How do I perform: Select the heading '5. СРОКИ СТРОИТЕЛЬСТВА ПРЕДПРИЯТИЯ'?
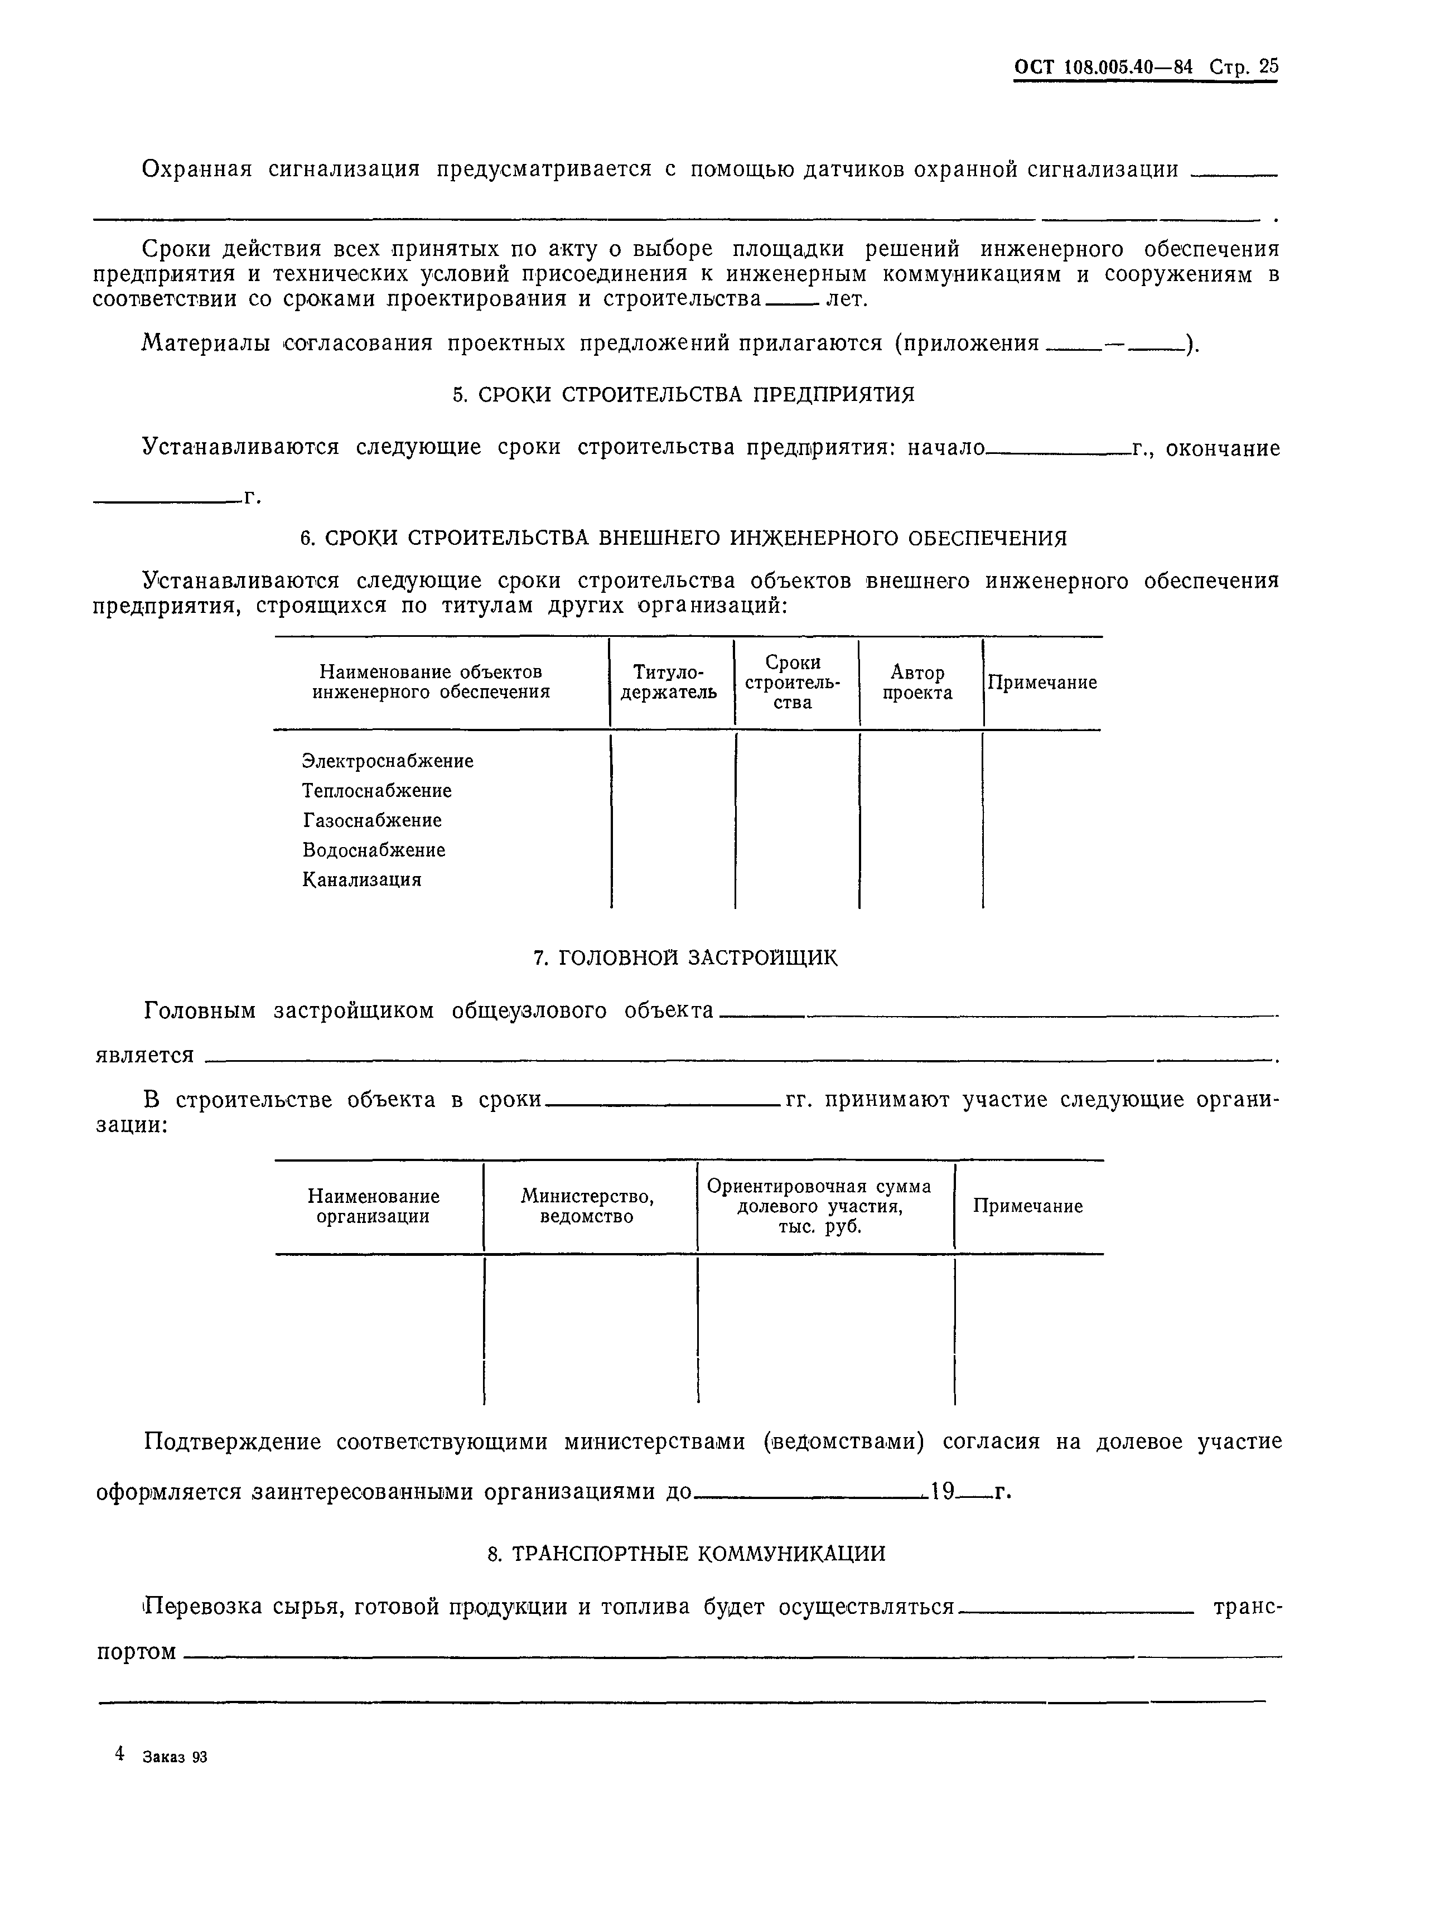[x=683, y=395]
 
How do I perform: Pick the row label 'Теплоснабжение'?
[x=376, y=790]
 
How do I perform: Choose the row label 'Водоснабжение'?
[x=374, y=850]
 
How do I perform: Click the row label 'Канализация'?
[x=362, y=880]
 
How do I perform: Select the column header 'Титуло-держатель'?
[x=669, y=682]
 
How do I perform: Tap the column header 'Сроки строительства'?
[x=792, y=682]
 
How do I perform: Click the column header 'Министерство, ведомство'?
[x=587, y=1206]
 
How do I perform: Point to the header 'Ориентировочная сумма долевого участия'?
[x=819, y=1206]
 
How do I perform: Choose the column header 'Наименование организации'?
[x=373, y=1206]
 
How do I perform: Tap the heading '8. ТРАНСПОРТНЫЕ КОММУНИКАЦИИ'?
[x=687, y=1554]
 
